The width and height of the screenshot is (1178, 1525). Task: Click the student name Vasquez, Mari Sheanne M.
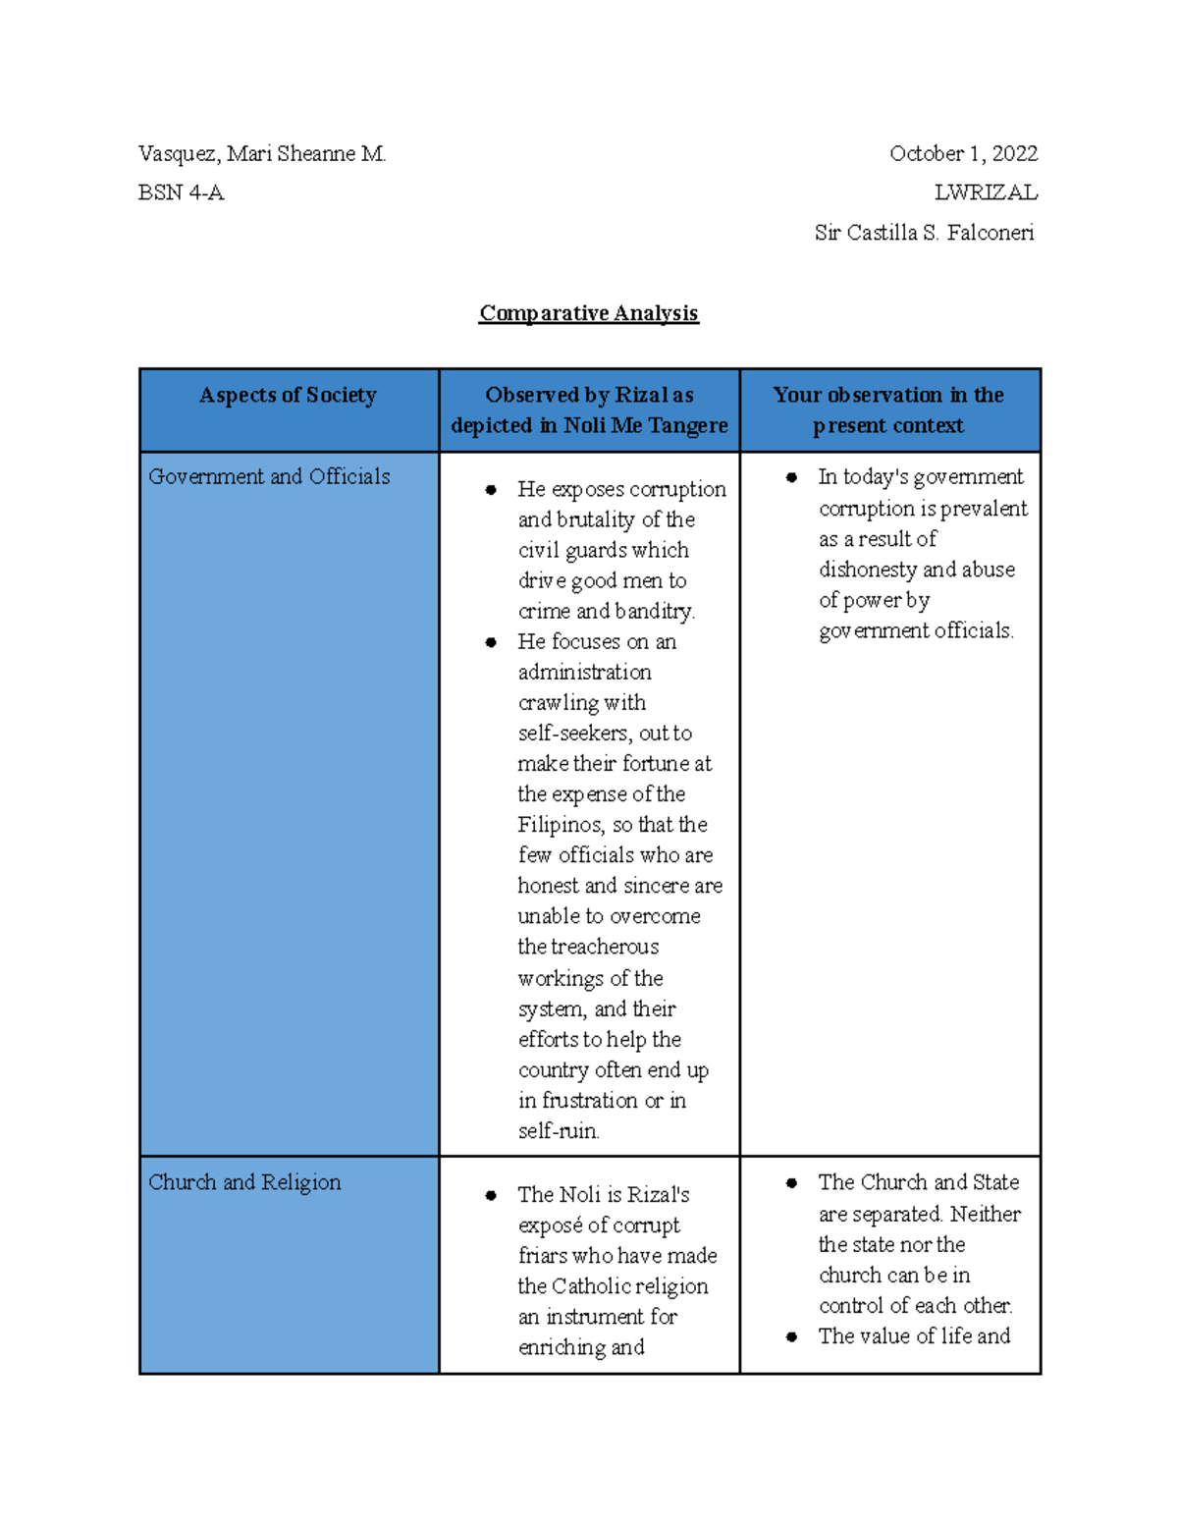point(262,154)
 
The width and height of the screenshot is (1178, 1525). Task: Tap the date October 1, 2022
point(963,154)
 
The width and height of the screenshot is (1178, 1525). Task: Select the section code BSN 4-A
point(182,193)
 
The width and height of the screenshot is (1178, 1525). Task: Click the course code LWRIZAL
point(985,193)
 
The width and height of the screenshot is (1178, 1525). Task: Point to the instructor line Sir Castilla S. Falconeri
point(924,234)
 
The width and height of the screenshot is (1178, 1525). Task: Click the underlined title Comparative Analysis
point(588,313)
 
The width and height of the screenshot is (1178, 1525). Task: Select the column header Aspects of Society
point(288,396)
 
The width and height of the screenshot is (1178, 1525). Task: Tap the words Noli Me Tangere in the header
point(645,426)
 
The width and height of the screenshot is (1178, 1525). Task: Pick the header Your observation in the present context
point(887,410)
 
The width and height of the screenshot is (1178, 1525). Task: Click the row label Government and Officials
point(269,477)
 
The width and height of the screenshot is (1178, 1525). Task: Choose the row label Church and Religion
point(244,1183)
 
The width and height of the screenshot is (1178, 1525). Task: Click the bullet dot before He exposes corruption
point(491,490)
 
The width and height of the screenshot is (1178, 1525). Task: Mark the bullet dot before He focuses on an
point(491,642)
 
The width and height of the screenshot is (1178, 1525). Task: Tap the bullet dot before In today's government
point(791,477)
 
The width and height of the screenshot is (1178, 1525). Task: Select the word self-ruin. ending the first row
point(559,1131)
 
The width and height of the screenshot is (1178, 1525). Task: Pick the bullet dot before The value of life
point(791,1336)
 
